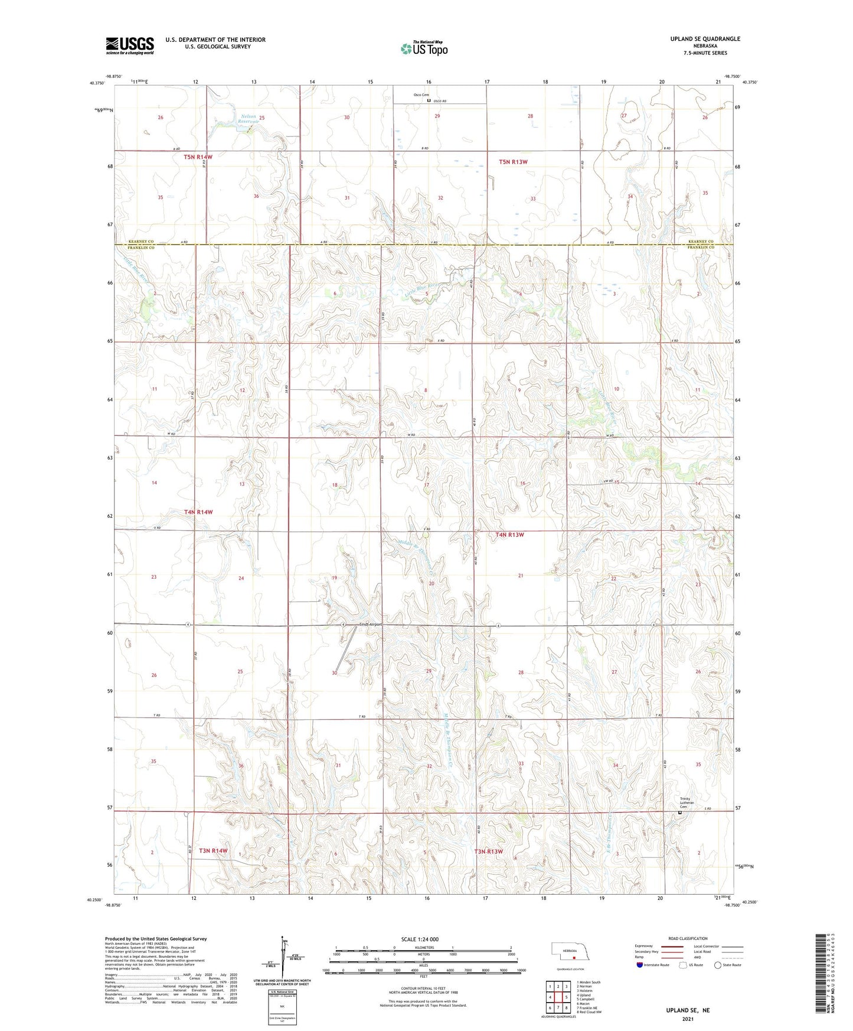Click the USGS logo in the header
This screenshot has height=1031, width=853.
click(130, 45)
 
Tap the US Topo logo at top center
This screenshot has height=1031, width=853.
click(423, 48)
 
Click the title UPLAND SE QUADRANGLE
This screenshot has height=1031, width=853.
click(705, 39)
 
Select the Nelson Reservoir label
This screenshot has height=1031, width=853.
click(248, 119)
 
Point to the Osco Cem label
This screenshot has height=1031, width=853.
click(421, 95)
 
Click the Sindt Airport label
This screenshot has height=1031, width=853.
click(371, 624)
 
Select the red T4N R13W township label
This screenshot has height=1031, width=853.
click(509, 534)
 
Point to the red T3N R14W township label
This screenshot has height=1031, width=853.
click(213, 850)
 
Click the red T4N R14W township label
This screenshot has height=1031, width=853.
click(198, 512)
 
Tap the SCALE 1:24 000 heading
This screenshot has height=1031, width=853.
click(420, 939)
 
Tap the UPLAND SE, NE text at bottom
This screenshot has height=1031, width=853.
click(688, 1010)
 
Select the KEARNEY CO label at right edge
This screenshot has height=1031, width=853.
click(700, 242)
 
